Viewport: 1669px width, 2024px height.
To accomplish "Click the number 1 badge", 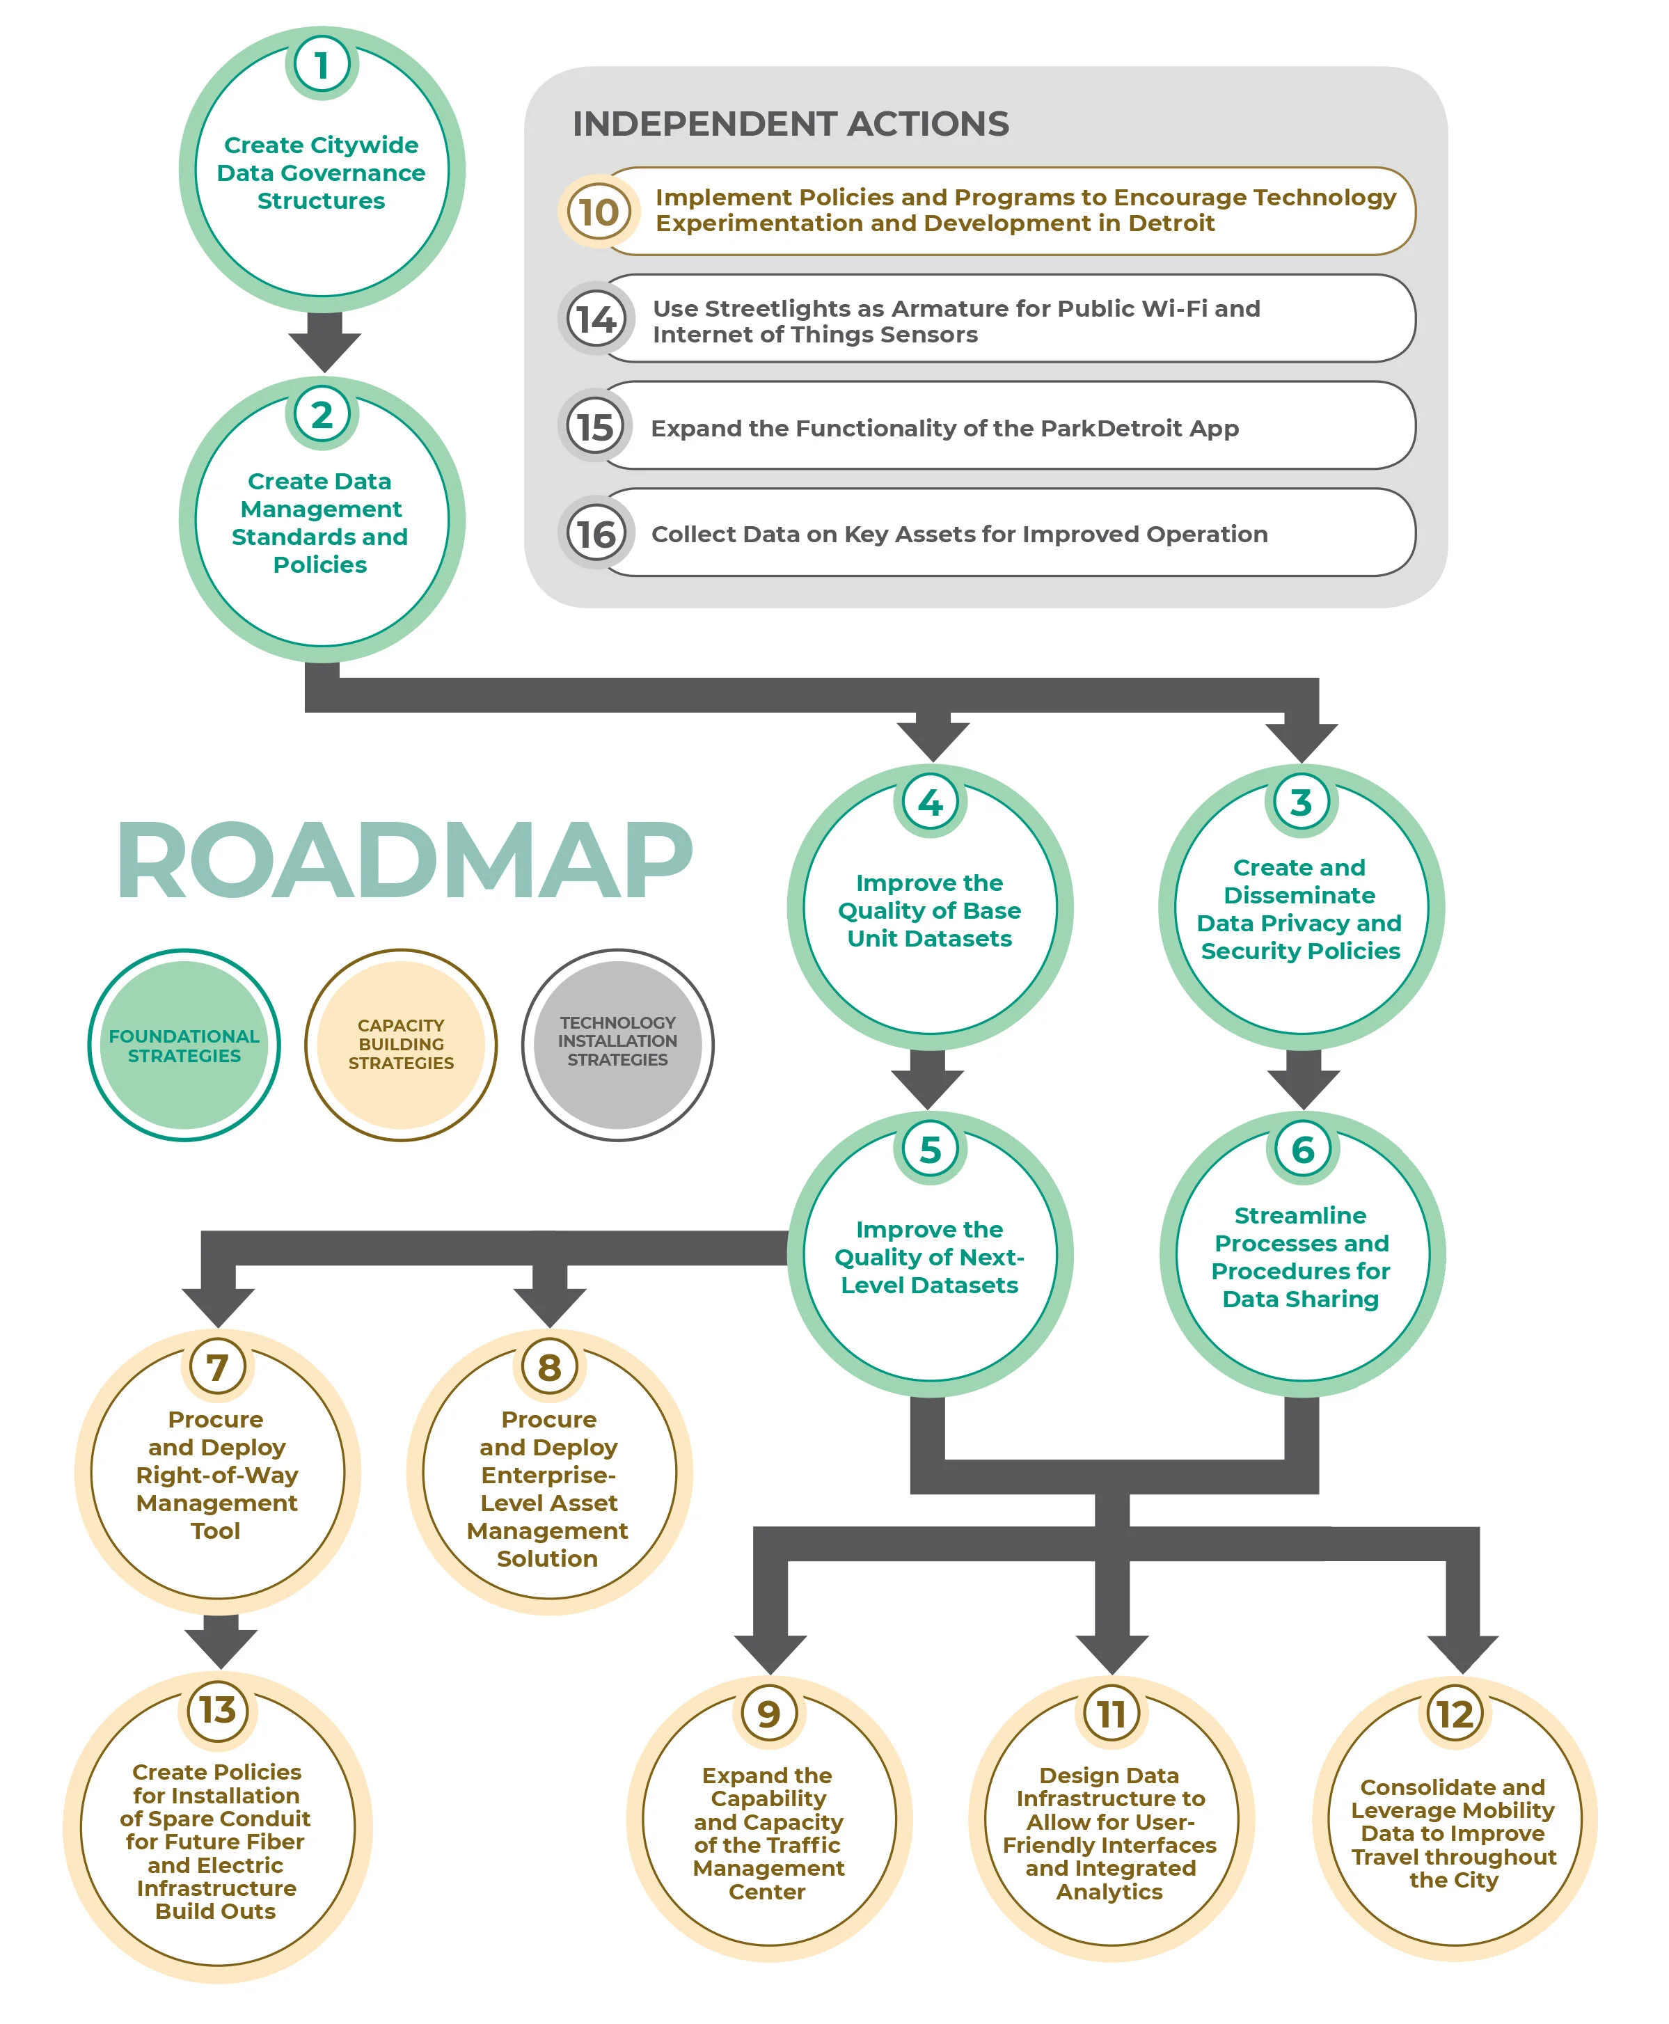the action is coord(321,65).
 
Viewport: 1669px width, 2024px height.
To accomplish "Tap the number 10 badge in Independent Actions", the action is coord(598,212).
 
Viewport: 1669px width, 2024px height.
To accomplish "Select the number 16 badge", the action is coord(596,534).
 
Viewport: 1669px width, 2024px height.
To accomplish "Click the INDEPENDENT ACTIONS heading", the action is coord(790,124).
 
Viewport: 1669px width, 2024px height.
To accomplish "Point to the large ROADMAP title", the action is coord(404,862).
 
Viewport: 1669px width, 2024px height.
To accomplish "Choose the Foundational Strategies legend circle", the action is coord(184,1045).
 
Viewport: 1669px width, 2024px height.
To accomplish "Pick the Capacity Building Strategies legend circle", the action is coord(401,1045).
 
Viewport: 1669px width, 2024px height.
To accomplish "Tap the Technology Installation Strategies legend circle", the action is coord(617,1045).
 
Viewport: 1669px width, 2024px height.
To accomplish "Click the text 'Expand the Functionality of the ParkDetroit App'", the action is coord(944,428).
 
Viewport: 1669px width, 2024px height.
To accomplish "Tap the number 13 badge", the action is coord(217,1709).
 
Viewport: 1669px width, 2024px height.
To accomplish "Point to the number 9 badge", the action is coord(768,1714).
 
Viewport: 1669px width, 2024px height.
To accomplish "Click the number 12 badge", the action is coord(1454,1714).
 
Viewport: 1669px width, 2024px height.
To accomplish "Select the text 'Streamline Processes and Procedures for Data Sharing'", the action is coord(1301,1257).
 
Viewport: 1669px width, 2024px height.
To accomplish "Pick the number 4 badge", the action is coord(930,802).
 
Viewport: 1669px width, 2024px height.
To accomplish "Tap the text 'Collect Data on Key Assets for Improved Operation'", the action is coord(958,534).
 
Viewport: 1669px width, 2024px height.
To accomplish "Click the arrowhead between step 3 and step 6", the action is coord(1303,1086).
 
